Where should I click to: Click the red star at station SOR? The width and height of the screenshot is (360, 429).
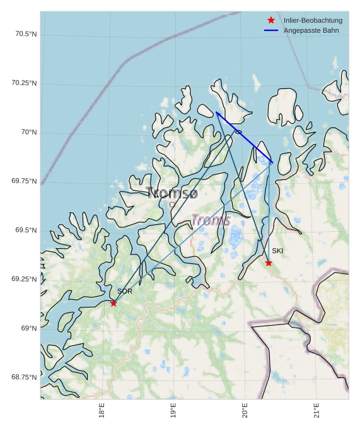[x=113, y=303]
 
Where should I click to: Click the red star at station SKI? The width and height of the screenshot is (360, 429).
[x=269, y=263]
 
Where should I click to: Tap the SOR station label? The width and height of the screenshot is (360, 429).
[x=125, y=292]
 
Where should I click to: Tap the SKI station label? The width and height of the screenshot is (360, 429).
[x=277, y=251]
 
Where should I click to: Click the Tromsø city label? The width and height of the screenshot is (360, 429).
[x=171, y=193]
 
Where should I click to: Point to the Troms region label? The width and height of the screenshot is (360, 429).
[x=211, y=220]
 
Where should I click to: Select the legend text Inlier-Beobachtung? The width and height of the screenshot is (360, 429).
[x=313, y=20]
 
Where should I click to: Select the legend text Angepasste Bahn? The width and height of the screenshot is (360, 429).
[x=311, y=30]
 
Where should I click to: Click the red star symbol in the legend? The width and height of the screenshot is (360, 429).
[x=271, y=20]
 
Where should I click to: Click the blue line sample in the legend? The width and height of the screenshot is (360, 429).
[x=271, y=30]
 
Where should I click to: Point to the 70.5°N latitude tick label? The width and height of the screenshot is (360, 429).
[x=26, y=34]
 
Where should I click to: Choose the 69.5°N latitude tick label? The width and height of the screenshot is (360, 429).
[x=26, y=231]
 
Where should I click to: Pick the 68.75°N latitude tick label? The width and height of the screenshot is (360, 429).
[x=24, y=377]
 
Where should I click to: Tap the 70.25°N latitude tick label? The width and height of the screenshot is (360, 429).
[x=24, y=83]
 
